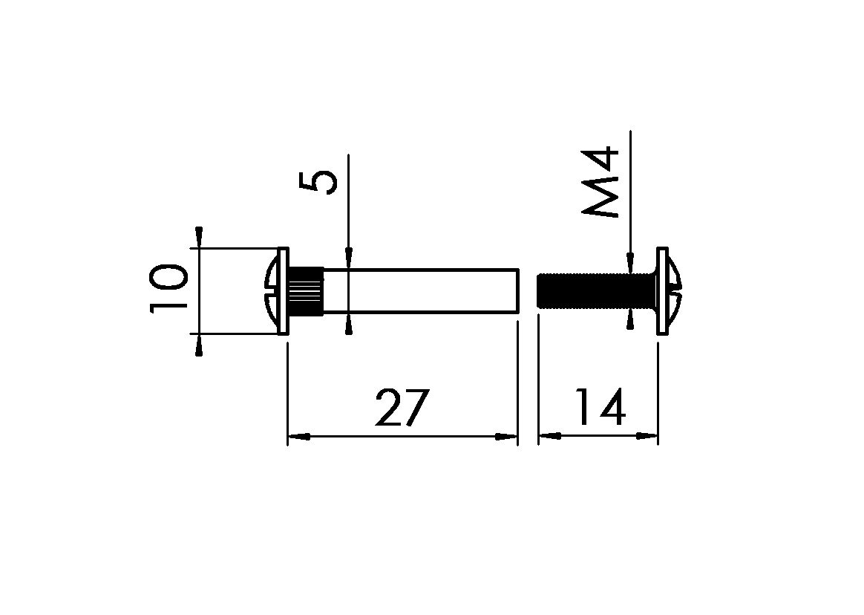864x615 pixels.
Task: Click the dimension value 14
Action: coord(600,406)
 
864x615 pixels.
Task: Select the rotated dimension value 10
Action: coord(168,290)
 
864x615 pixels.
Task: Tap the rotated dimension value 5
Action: coord(318,183)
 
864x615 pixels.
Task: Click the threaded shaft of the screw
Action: coord(596,290)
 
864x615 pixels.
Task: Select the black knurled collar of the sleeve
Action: coord(306,290)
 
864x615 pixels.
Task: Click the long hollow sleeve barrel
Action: coord(420,290)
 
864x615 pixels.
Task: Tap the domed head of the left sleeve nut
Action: coord(272,290)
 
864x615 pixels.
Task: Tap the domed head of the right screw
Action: coord(675,290)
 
